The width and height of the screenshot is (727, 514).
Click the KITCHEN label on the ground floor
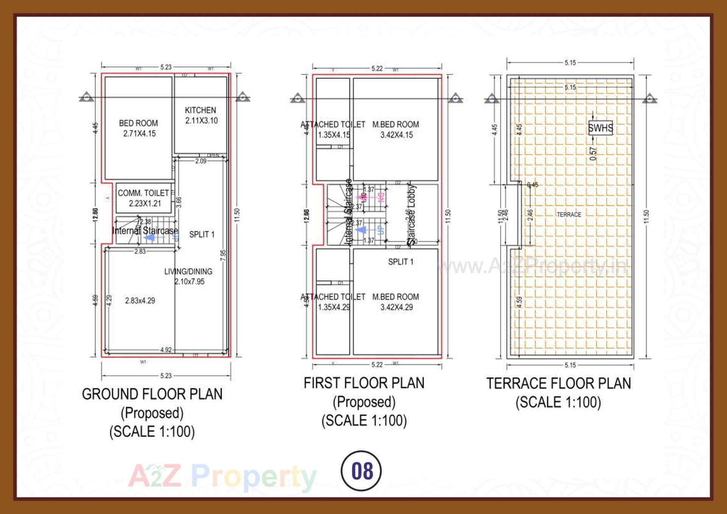click(x=200, y=110)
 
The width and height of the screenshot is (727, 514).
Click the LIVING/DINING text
click(x=188, y=272)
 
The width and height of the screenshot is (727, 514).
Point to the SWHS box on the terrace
click(x=600, y=128)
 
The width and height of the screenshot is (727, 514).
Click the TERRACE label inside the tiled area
click(x=569, y=214)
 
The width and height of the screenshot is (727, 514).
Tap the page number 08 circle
click(x=361, y=471)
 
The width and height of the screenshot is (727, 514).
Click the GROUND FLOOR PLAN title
click(x=152, y=394)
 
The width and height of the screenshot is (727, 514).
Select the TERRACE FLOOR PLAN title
click(x=559, y=384)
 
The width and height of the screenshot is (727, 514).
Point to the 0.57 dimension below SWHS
click(x=593, y=154)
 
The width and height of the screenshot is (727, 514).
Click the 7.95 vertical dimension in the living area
click(x=223, y=255)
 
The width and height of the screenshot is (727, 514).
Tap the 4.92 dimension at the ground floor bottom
click(x=166, y=350)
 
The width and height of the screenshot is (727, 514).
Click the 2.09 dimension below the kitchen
click(x=201, y=161)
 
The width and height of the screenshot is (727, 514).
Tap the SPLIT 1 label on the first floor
click(x=401, y=262)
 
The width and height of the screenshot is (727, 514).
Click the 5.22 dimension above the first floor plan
click(x=377, y=68)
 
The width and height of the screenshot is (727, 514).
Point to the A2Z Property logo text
click(x=223, y=477)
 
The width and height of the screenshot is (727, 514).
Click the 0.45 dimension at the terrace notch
click(x=533, y=185)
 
